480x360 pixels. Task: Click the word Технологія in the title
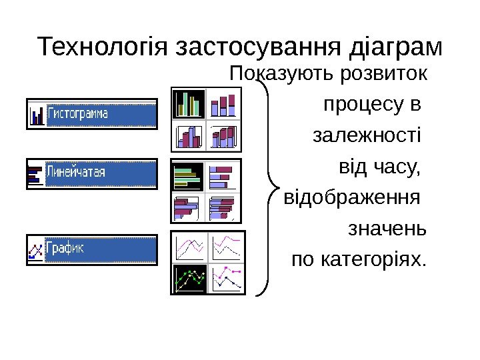(102, 47)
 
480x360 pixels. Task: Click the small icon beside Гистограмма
(37, 115)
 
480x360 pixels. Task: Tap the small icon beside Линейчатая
(35, 174)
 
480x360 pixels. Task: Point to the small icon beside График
(35, 250)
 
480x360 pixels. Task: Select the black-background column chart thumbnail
(189, 104)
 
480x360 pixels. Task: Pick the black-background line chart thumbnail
(189, 278)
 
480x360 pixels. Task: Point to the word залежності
(367, 136)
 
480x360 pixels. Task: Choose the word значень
(387, 230)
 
